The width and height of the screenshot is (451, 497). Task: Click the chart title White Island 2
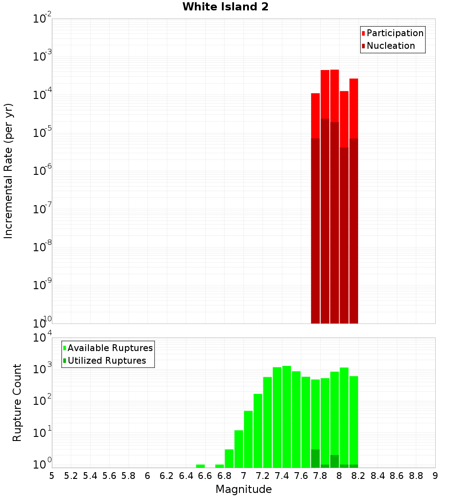(225, 7)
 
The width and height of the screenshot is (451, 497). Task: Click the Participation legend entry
(395, 33)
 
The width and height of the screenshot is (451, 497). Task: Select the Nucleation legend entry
(391, 46)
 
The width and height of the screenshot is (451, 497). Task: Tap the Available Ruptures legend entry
(110, 348)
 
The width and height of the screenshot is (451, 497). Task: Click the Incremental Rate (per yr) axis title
(9, 171)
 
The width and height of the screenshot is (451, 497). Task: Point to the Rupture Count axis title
(17, 403)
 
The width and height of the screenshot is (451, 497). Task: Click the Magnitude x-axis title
(244, 489)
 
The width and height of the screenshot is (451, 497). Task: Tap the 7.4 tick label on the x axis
(282, 476)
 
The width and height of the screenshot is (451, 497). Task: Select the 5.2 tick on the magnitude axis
(71, 476)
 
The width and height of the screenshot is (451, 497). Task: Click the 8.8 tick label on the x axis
(416, 476)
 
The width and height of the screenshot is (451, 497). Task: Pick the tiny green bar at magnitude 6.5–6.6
(200, 466)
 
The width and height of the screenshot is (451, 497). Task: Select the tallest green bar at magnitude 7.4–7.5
(286, 416)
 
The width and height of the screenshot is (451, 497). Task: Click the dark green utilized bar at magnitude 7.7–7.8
(315, 458)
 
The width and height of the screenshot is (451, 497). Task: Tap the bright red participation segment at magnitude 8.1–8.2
(354, 108)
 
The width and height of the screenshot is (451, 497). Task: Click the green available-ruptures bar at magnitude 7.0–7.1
(248, 438)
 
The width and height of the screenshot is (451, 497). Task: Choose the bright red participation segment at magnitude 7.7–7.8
(315, 115)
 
